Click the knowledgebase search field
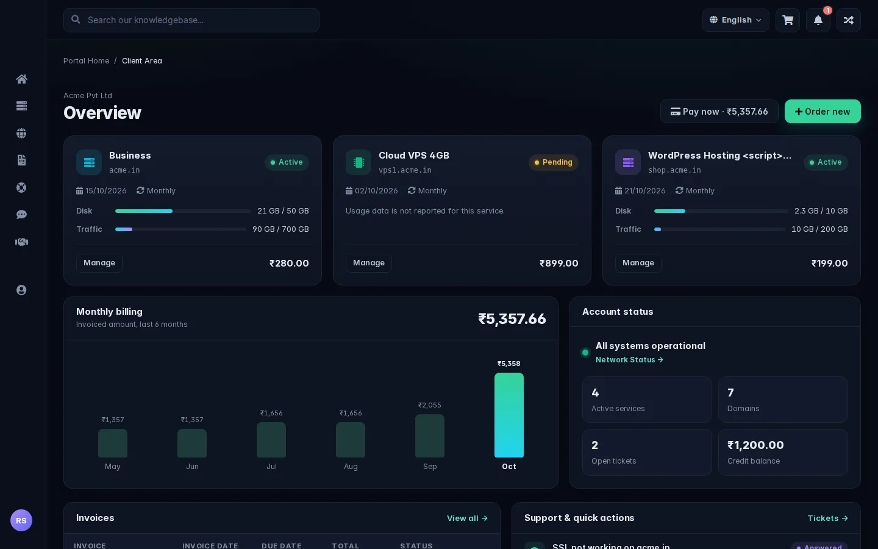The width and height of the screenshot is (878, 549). click(x=191, y=20)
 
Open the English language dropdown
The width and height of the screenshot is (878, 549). click(x=735, y=20)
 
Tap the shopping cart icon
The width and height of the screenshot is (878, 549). click(x=788, y=20)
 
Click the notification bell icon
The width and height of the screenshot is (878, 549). click(x=818, y=20)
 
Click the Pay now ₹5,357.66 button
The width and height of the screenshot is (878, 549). click(x=719, y=112)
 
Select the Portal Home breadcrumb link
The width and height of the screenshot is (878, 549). click(x=86, y=61)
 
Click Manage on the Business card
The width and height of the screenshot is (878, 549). click(x=99, y=263)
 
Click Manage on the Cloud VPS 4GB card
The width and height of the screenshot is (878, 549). click(x=368, y=263)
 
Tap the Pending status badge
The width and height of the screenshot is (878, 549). click(x=554, y=162)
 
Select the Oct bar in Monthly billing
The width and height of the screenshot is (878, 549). click(x=509, y=415)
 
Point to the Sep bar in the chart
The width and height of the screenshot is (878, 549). click(x=430, y=436)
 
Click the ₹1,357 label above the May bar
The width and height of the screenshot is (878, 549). click(x=113, y=420)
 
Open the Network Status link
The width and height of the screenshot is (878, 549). click(x=629, y=360)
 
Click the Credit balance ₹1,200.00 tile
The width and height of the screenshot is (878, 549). click(x=783, y=452)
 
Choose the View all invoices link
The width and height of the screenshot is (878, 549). click(x=467, y=518)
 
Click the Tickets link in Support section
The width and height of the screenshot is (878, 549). click(x=827, y=518)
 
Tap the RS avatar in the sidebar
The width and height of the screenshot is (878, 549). click(x=21, y=520)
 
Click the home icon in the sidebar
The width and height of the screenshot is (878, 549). click(x=21, y=79)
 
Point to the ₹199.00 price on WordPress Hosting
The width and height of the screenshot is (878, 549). click(x=829, y=263)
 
